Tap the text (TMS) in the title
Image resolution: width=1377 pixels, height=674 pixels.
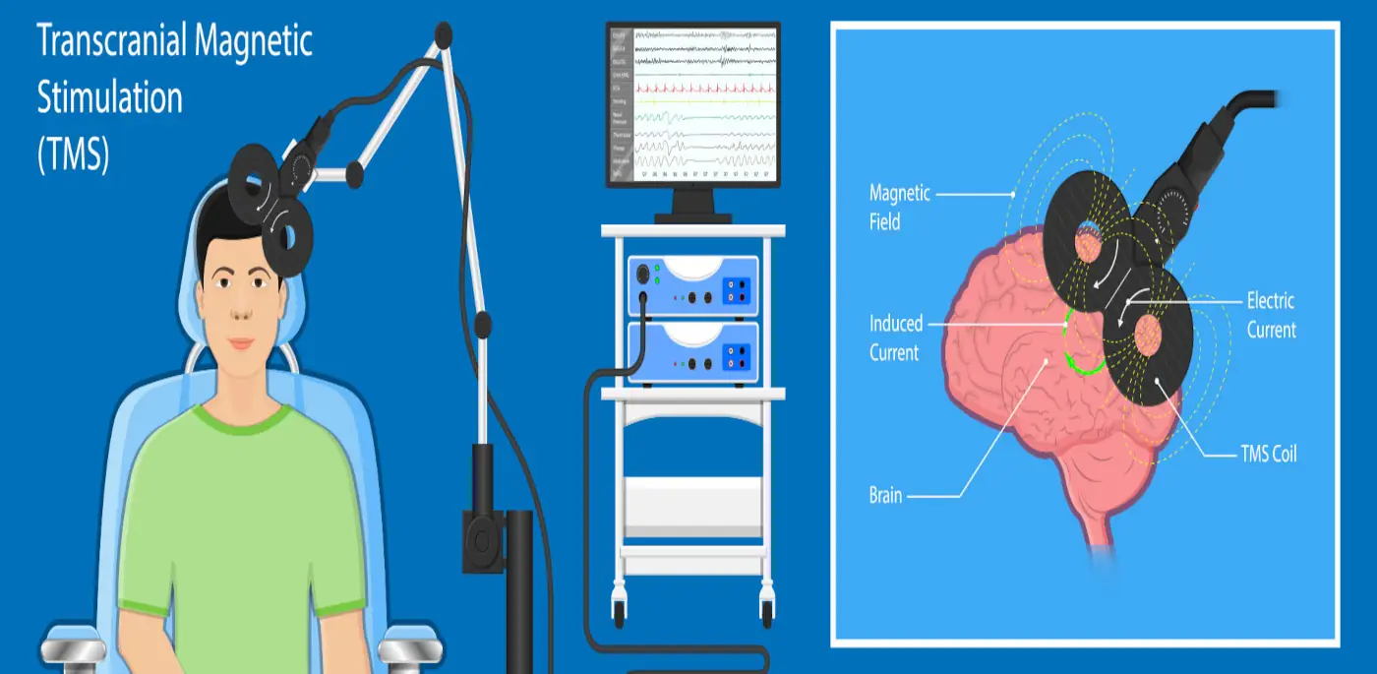pos(73,155)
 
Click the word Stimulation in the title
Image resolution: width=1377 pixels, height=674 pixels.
pos(109,99)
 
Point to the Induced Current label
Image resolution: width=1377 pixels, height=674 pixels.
pos(894,337)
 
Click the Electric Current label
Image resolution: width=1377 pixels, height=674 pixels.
pos(1271,315)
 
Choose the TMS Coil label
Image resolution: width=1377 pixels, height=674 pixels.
pos(1268,454)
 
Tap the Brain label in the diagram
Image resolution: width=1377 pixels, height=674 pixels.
pos(885,495)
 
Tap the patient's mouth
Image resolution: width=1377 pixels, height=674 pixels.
pos(241,342)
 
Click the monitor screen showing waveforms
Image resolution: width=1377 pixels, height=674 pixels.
pos(693,105)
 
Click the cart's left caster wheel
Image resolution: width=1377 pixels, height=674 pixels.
pos(620,610)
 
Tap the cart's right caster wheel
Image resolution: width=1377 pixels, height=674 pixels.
pos(765,610)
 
